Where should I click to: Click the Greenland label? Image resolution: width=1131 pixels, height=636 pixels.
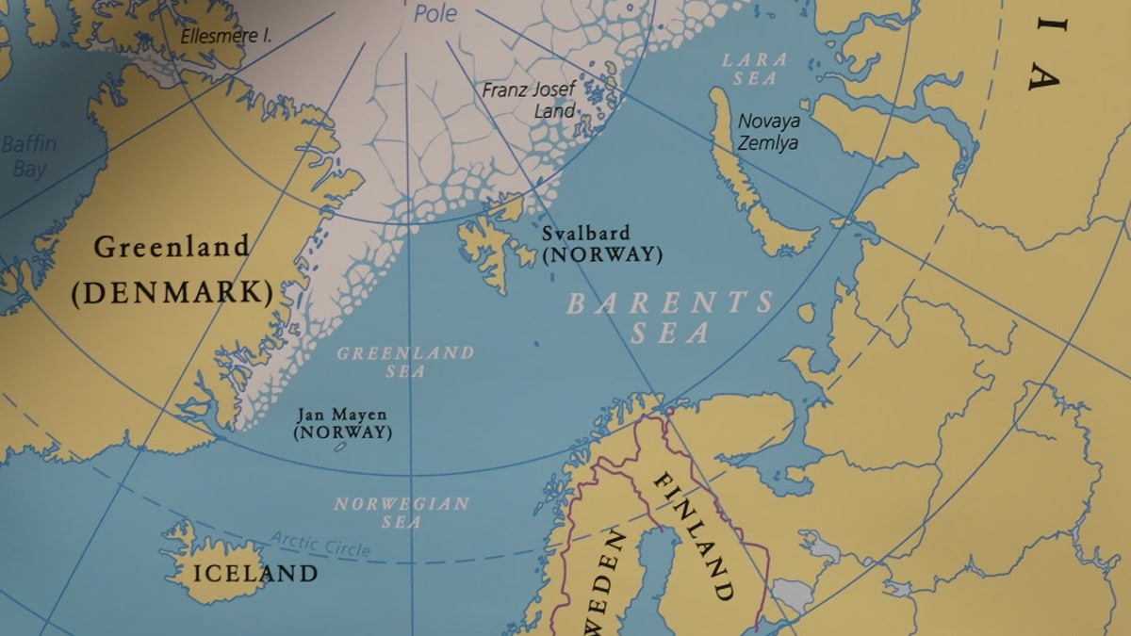point(172,248)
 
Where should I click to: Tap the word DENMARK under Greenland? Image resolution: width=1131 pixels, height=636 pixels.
point(172,292)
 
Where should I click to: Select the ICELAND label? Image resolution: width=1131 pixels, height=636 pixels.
point(254,573)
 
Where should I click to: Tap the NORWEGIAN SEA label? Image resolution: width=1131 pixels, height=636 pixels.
point(402,512)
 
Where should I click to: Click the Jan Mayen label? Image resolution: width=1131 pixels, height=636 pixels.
point(341,415)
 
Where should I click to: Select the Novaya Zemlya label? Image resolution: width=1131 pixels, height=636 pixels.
point(768,132)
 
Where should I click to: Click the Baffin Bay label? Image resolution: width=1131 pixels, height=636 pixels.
point(28,156)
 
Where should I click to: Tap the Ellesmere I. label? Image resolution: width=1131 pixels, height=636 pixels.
point(226,37)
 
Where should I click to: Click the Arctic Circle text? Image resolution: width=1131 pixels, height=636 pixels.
point(320,544)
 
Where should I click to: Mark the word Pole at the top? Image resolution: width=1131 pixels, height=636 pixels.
point(435,14)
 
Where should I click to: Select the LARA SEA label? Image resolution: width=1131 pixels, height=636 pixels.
point(754,70)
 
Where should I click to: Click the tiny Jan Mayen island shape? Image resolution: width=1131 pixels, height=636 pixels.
point(340,448)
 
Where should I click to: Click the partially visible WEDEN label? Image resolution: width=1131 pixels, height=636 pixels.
point(604,584)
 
